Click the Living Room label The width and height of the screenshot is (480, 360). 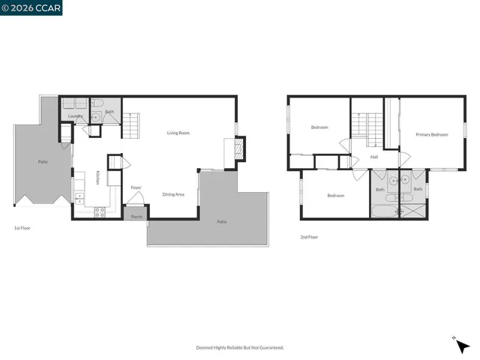click(178, 133)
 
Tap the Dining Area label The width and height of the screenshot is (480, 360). click(174, 194)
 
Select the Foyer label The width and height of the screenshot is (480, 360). click(136, 187)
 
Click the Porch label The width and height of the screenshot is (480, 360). click(136, 217)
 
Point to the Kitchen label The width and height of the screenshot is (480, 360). click(97, 178)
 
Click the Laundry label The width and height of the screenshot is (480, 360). click(75, 116)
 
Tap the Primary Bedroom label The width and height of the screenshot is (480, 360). click(432, 134)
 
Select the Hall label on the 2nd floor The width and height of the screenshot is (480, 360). click(373, 157)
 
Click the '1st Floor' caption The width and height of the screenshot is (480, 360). click(22, 227)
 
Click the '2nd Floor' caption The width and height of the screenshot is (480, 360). click(309, 237)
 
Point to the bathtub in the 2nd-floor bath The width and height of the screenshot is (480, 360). click(380, 212)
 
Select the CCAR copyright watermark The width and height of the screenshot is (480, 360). click(31, 7)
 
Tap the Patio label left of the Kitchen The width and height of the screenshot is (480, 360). click(43, 161)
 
